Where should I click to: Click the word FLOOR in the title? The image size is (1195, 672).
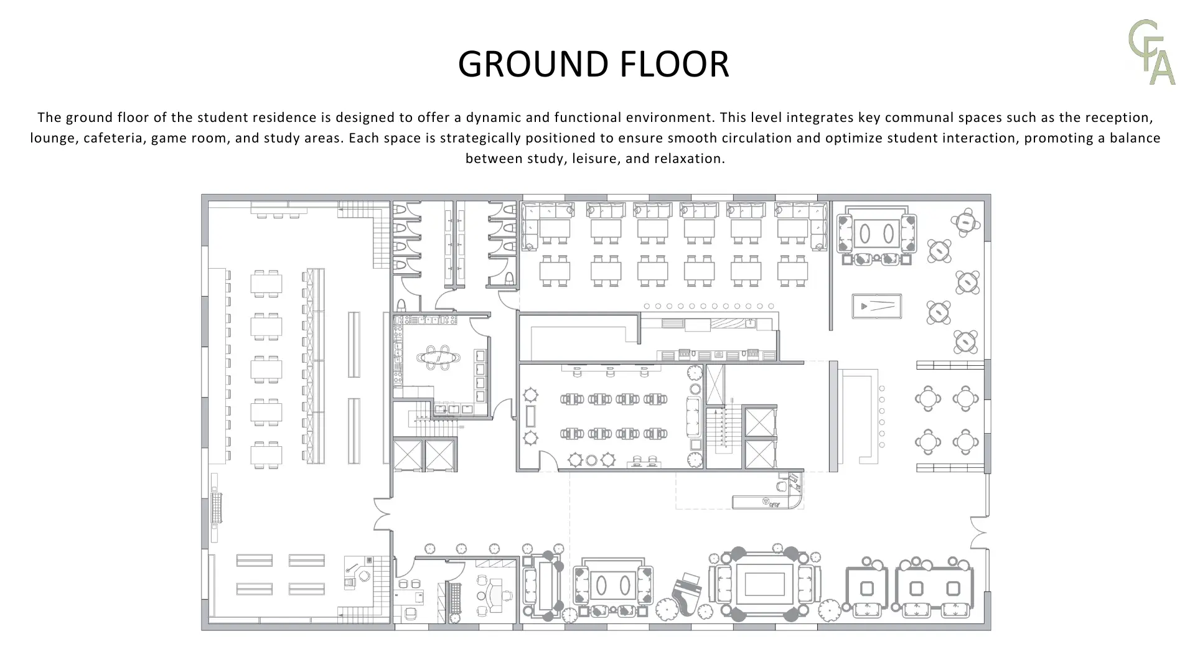tap(667, 63)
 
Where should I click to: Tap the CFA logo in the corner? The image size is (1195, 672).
tap(1152, 52)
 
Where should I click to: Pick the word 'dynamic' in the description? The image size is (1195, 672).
tap(492, 118)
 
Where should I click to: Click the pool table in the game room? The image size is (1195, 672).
tap(876, 306)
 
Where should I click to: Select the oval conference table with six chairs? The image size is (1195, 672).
tap(439, 357)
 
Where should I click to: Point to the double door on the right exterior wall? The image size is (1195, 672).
tap(980, 533)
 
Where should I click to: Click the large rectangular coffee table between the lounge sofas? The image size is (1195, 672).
tap(764, 584)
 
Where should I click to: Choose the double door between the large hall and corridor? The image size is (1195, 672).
tap(382, 514)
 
